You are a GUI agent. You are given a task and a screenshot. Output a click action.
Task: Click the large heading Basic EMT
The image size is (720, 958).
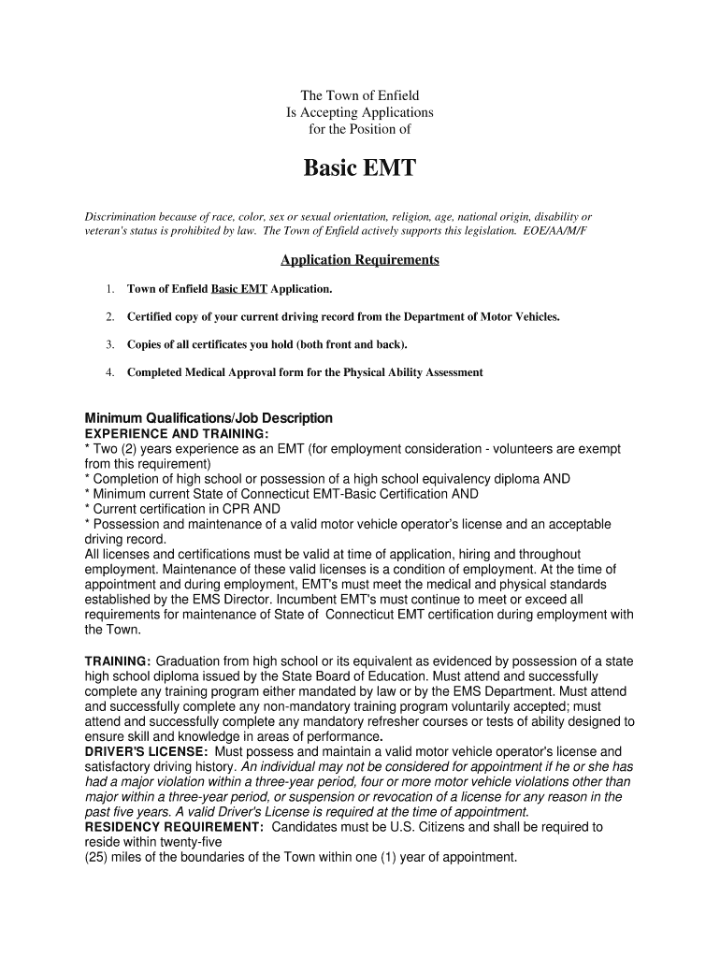click(x=360, y=169)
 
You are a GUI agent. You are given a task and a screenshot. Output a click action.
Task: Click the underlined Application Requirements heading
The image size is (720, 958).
click(x=360, y=259)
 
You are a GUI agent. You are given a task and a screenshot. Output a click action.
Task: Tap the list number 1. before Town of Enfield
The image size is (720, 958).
click(x=109, y=289)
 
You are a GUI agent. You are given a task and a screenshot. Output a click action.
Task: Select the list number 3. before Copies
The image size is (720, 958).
click(x=109, y=344)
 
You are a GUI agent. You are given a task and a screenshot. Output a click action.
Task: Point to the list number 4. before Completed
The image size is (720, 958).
click(x=109, y=372)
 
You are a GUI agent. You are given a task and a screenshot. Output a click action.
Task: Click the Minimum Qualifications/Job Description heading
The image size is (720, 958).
click(x=209, y=418)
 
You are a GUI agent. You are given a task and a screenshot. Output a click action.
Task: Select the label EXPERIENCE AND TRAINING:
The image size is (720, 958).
click(x=177, y=434)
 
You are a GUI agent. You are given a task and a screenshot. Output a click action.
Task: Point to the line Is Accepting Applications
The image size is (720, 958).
click(x=360, y=112)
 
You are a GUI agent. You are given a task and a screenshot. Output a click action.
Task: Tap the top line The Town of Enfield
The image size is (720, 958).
click(x=360, y=95)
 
